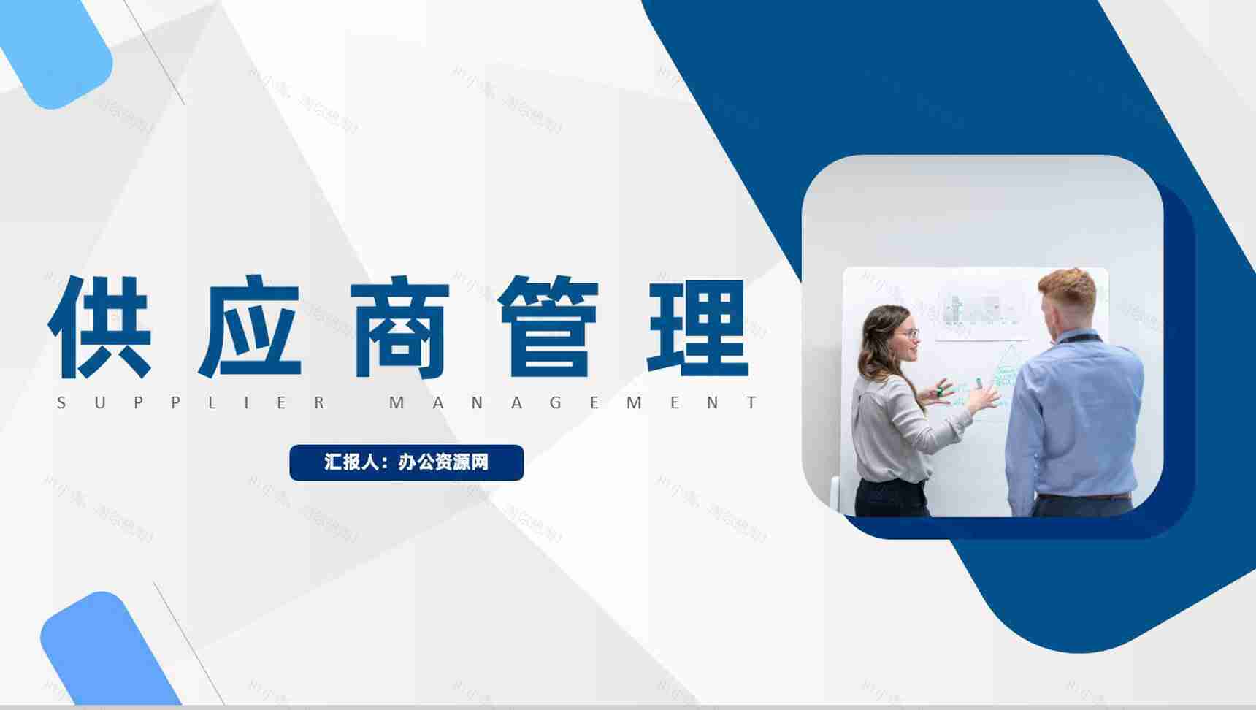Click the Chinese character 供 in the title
[100, 327]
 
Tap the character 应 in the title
[250, 327]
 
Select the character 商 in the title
[399, 327]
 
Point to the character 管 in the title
[549, 327]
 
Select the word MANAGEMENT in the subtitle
[574, 402]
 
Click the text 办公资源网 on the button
[443, 462]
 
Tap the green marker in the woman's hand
[941, 391]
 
